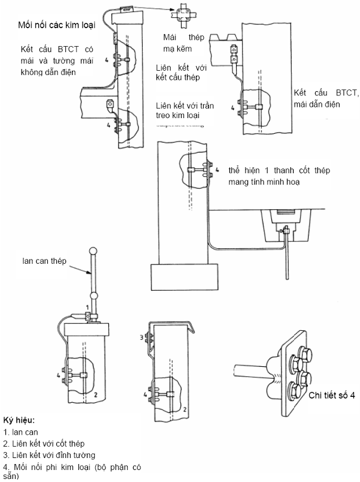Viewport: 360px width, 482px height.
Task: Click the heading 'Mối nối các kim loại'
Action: click(x=57, y=25)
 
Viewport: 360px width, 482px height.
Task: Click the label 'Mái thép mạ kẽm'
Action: click(x=183, y=43)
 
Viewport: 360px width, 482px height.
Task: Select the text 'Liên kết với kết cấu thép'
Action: click(x=181, y=73)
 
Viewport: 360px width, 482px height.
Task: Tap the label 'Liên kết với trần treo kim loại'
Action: click(x=184, y=110)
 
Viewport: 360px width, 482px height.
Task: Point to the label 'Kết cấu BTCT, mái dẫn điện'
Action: click(x=326, y=98)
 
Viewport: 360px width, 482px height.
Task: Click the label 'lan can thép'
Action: click(x=44, y=261)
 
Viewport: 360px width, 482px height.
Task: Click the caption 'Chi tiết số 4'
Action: click(x=332, y=395)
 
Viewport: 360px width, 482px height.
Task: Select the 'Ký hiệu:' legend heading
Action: click(x=19, y=420)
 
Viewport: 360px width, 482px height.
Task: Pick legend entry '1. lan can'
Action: click(x=20, y=432)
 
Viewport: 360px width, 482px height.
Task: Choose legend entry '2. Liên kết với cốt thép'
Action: click(x=44, y=444)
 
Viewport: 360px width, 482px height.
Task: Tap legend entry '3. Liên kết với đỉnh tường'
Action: click(x=49, y=455)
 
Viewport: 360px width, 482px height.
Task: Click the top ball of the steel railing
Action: click(x=93, y=252)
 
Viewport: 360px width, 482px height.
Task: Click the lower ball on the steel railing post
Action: click(x=94, y=296)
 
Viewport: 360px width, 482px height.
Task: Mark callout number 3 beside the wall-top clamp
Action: click(x=141, y=338)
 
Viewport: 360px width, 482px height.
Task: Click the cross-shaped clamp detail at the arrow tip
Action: click(x=183, y=15)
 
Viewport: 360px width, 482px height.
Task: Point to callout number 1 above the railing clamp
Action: click(x=87, y=307)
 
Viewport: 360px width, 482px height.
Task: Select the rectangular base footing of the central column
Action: click(x=184, y=277)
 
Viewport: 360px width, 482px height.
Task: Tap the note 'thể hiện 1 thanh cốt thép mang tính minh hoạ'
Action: click(x=279, y=176)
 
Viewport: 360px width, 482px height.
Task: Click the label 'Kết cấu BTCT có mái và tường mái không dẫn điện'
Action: click(x=57, y=61)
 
